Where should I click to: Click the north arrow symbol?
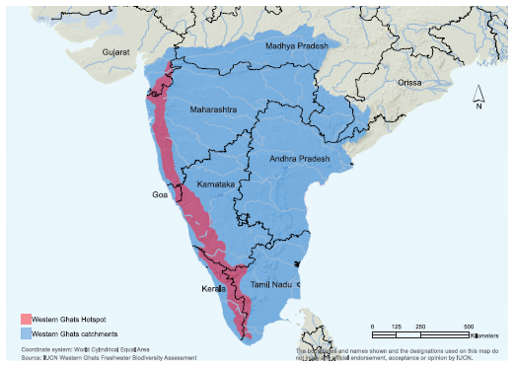pyautogui.click(x=477, y=94)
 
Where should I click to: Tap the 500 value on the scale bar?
pyautogui.click(x=467, y=327)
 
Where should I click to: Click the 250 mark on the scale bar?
pyautogui.click(x=420, y=327)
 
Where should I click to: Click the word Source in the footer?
pyautogui.click(x=29, y=356)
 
